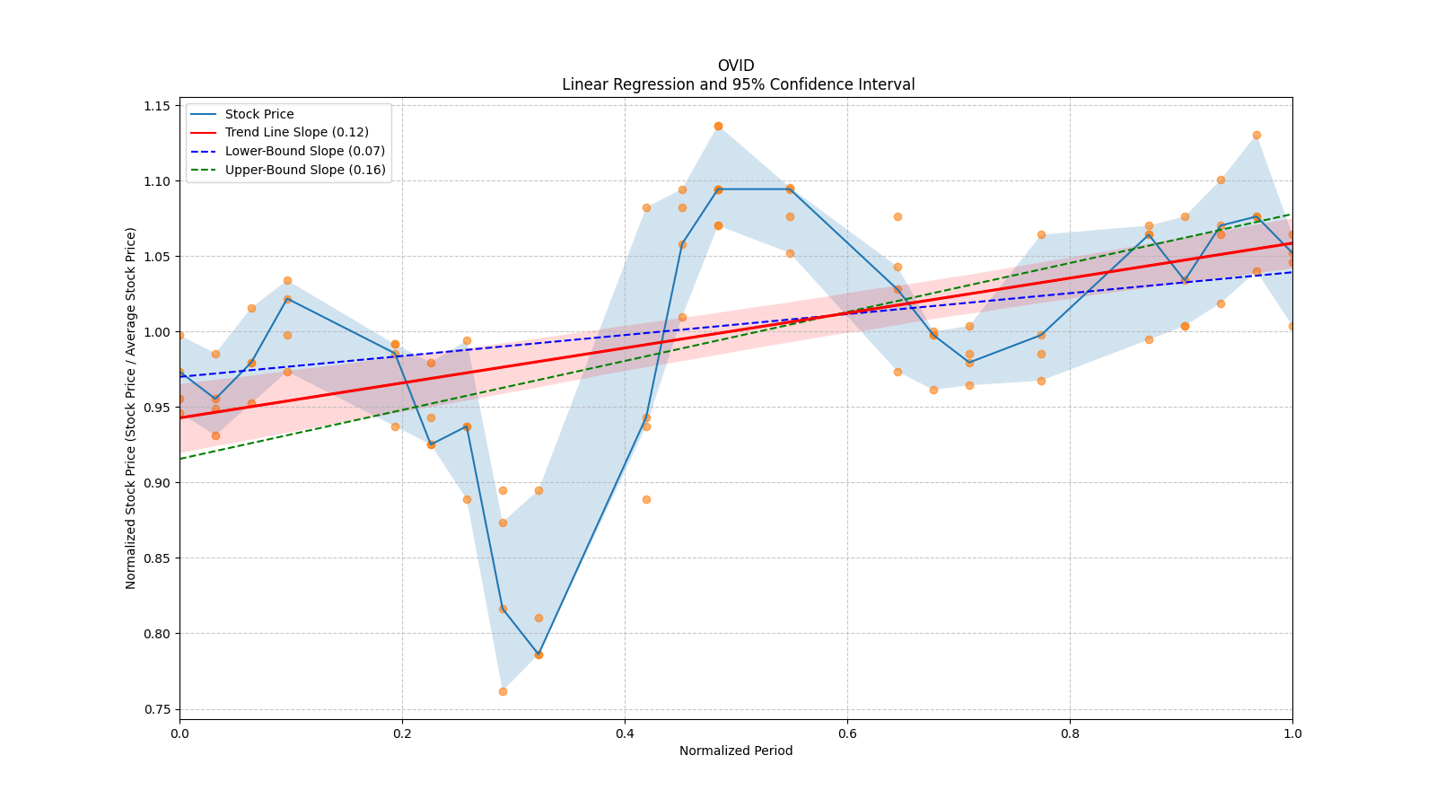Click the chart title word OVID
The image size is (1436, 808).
[x=736, y=66]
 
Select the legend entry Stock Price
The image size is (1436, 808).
[x=258, y=114]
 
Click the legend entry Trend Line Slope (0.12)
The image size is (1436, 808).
[x=296, y=133]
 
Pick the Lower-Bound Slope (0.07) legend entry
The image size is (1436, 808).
[x=304, y=152]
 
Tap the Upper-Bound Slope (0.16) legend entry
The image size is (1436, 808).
[x=305, y=171]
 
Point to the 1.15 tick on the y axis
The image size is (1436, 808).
[x=157, y=106]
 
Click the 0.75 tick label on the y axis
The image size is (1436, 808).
[x=157, y=709]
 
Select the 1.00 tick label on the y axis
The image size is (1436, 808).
[x=157, y=332]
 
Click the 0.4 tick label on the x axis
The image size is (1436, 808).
[x=625, y=733]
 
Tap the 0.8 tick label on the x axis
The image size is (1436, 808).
[x=1070, y=733]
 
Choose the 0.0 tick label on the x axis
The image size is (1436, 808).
[x=179, y=733]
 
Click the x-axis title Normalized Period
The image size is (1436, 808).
[x=736, y=751]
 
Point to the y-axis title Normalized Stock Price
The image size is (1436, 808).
[x=131, y=408]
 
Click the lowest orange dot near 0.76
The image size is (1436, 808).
[x=503, y=691]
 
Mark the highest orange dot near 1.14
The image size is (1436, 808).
[x=718, y=126]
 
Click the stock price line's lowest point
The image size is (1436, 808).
[x=538, y=654]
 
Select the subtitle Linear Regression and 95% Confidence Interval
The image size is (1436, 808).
[x=738, y=84]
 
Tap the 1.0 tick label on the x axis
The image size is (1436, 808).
[x=1292, y=733]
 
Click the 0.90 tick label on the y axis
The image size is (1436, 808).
[x=157, y=483]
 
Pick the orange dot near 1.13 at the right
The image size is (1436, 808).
[x=1256, y=135]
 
